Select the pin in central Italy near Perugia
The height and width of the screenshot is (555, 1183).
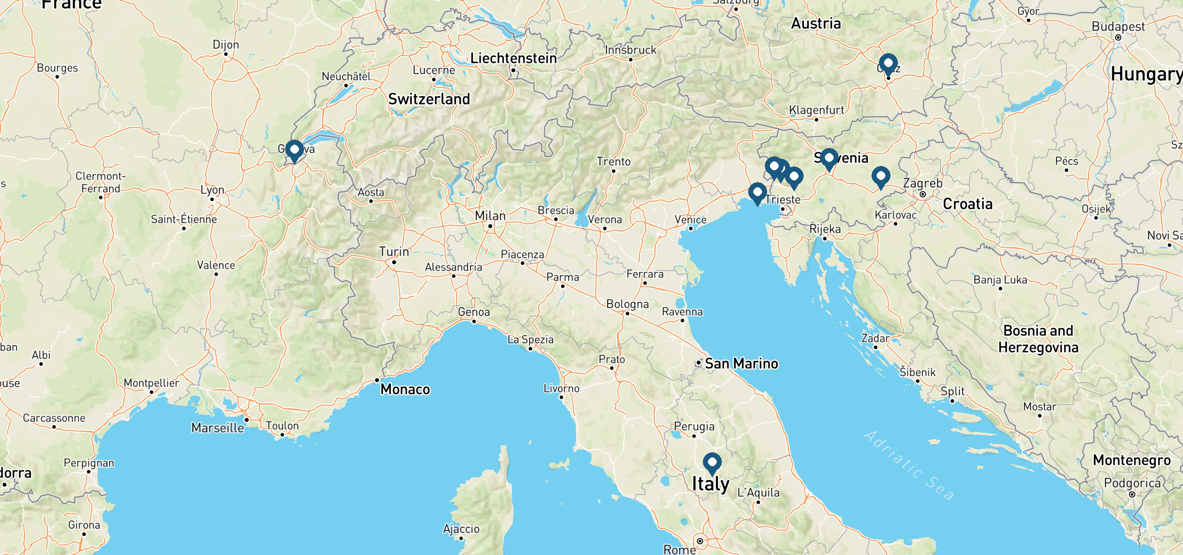pos(712,463)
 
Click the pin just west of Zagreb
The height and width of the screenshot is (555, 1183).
pos(881,177)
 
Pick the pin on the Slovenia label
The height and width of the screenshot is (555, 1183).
pos(829,159)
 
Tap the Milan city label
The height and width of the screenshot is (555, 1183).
pos(490,216)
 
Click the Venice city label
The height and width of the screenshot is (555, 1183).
pos(690,220)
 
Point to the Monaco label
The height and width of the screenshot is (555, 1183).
pos(405,389)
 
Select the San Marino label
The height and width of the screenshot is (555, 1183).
pos(741,364)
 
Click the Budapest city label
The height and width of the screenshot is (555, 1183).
pos(1118,27)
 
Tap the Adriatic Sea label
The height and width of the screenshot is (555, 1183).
pos(909,465)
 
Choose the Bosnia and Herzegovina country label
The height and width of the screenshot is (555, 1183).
pos(1038,339)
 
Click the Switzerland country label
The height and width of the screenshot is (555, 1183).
pos(429,99)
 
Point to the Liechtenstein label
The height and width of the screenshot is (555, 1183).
pos(513,58)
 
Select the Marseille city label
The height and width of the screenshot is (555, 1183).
pos(218,428)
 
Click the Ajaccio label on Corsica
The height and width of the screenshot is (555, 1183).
pos(461,529)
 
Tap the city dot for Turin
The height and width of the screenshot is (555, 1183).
pos(394,262)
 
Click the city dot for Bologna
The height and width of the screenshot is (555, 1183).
pos(627,314)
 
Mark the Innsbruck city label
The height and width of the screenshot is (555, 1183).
pos(630,50)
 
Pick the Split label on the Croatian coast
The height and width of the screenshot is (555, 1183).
pos(952,391)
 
